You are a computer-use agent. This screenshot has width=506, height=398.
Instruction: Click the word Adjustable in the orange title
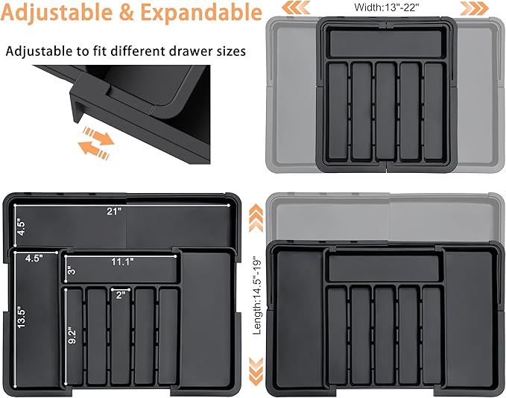57,13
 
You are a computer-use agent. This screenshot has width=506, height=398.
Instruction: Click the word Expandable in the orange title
201,12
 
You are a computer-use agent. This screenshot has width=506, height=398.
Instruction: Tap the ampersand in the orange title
127,12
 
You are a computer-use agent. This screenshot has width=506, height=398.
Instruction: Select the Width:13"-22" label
387,7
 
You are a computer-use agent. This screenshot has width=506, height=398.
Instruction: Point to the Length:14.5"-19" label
257,295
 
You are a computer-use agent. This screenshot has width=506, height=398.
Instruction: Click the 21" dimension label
114,212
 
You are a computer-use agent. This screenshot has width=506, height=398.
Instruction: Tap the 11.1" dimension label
122,262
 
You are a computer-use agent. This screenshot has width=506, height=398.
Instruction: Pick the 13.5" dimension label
22,318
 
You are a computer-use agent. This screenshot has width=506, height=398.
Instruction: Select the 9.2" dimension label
72,336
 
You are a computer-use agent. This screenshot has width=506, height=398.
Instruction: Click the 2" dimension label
121,295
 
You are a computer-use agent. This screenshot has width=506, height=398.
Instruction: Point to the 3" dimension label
72,270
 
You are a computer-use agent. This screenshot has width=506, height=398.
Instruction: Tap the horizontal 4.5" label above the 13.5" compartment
34,258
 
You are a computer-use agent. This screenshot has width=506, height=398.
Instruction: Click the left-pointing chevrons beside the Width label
296,7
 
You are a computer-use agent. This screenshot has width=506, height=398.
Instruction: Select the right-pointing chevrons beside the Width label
475,8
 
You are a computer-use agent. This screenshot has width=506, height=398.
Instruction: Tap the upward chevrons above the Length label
256,218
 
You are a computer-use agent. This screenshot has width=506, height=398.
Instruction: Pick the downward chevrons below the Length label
256,371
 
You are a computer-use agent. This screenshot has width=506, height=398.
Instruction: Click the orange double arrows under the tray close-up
96,142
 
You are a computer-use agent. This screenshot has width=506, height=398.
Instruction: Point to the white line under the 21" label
121,205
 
